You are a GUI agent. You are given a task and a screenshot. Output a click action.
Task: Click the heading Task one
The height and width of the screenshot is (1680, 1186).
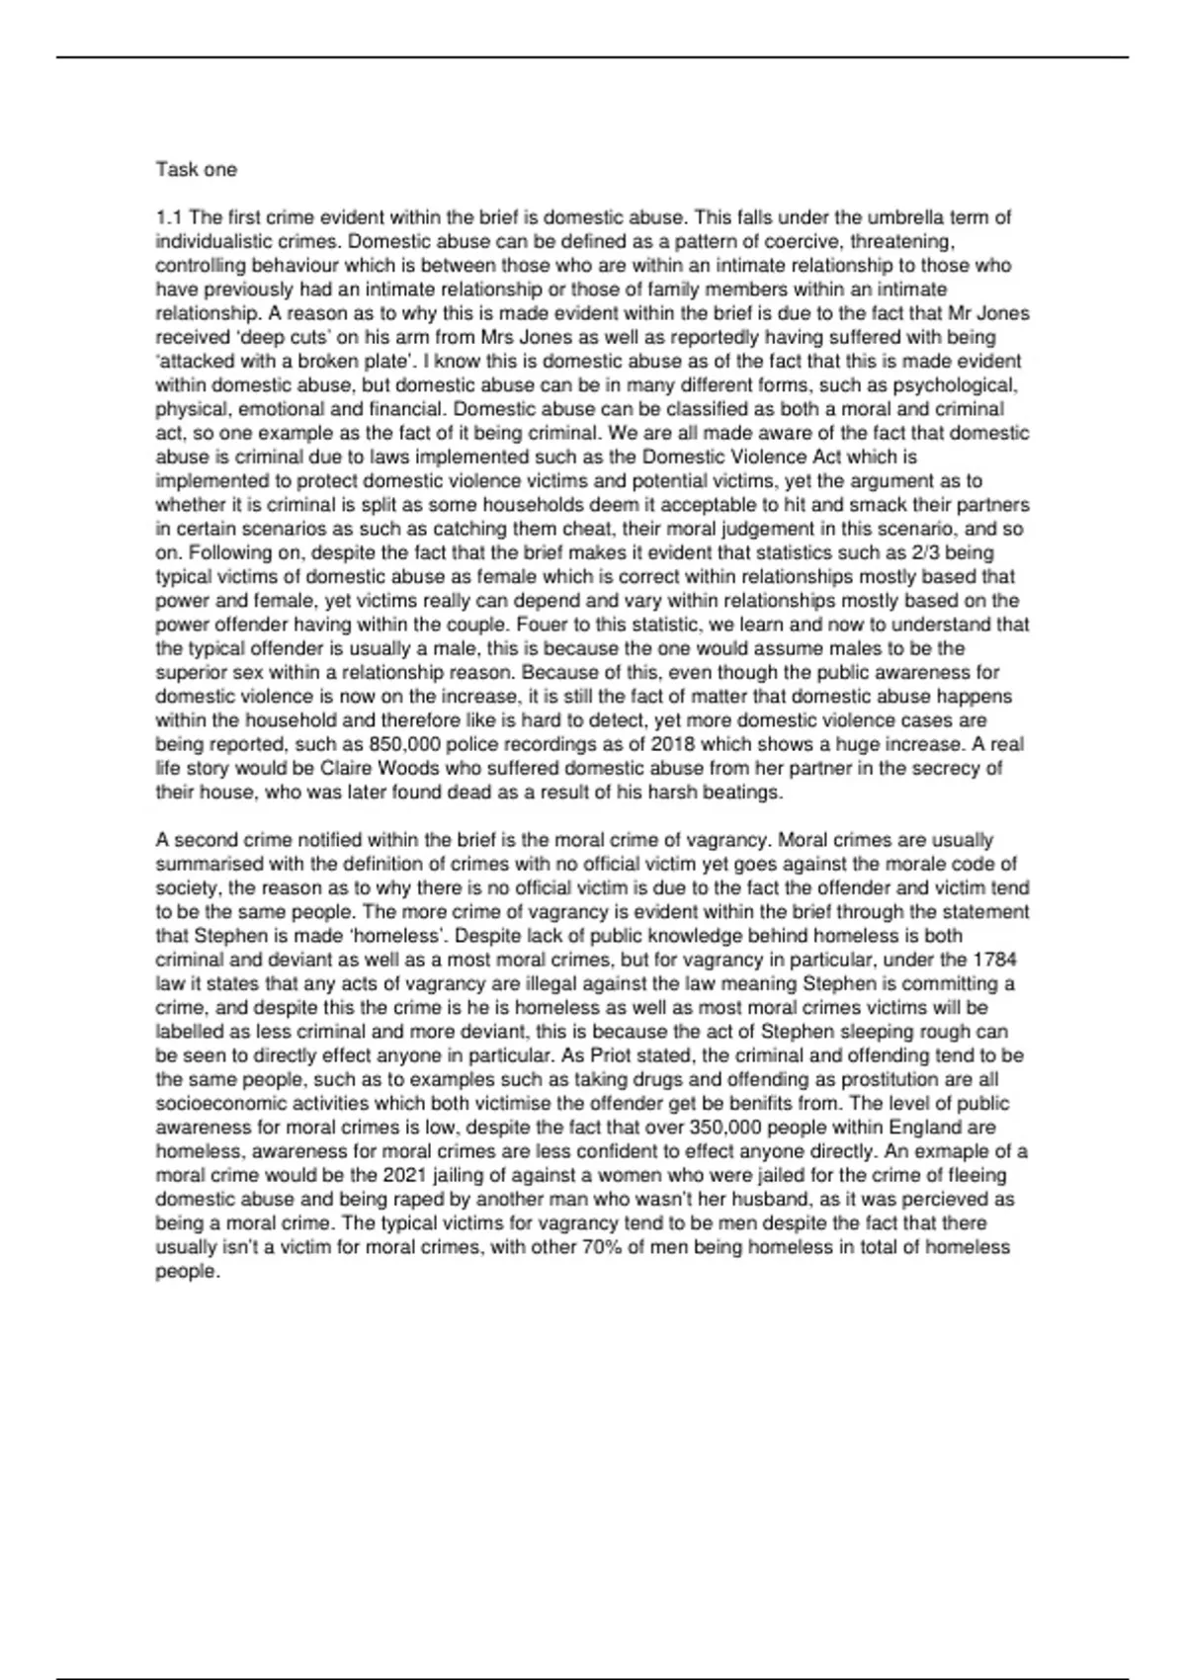tap(196, 170)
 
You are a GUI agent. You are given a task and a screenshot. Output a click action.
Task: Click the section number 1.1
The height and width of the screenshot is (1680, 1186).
tap(169, 217)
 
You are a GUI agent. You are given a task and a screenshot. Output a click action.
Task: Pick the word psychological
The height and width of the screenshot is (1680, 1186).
tap(963, 385)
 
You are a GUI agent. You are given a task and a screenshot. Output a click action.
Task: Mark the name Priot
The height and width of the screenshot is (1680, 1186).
tap(613, 1055)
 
